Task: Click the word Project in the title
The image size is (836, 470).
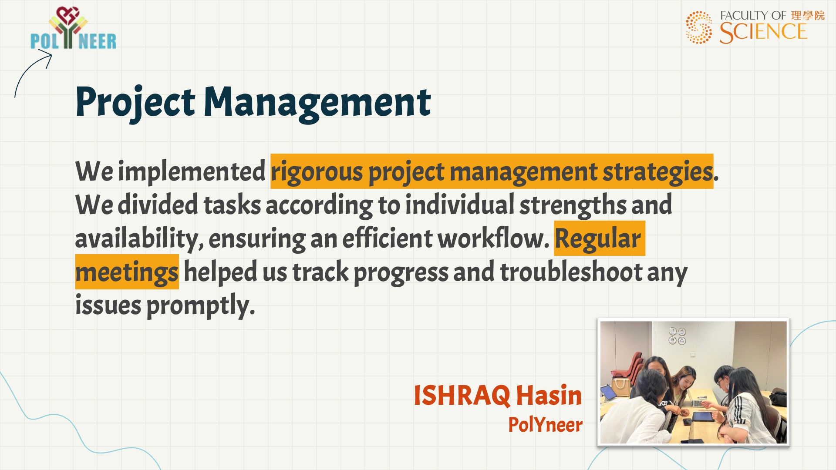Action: coord(135,103)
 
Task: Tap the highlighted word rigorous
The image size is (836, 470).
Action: coord(317,172)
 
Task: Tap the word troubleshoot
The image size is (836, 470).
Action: coord(571,272)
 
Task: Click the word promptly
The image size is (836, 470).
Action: coord(200,306)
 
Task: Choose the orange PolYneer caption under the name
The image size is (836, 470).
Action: coord(546,425)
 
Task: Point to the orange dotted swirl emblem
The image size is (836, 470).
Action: coord(699,27)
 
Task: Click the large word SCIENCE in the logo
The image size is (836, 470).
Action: coord(763,32)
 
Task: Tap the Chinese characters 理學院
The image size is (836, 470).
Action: coord(808,16)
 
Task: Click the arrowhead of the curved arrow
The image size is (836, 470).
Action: coord(47,56)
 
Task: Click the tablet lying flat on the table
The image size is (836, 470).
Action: coord(703,416)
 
